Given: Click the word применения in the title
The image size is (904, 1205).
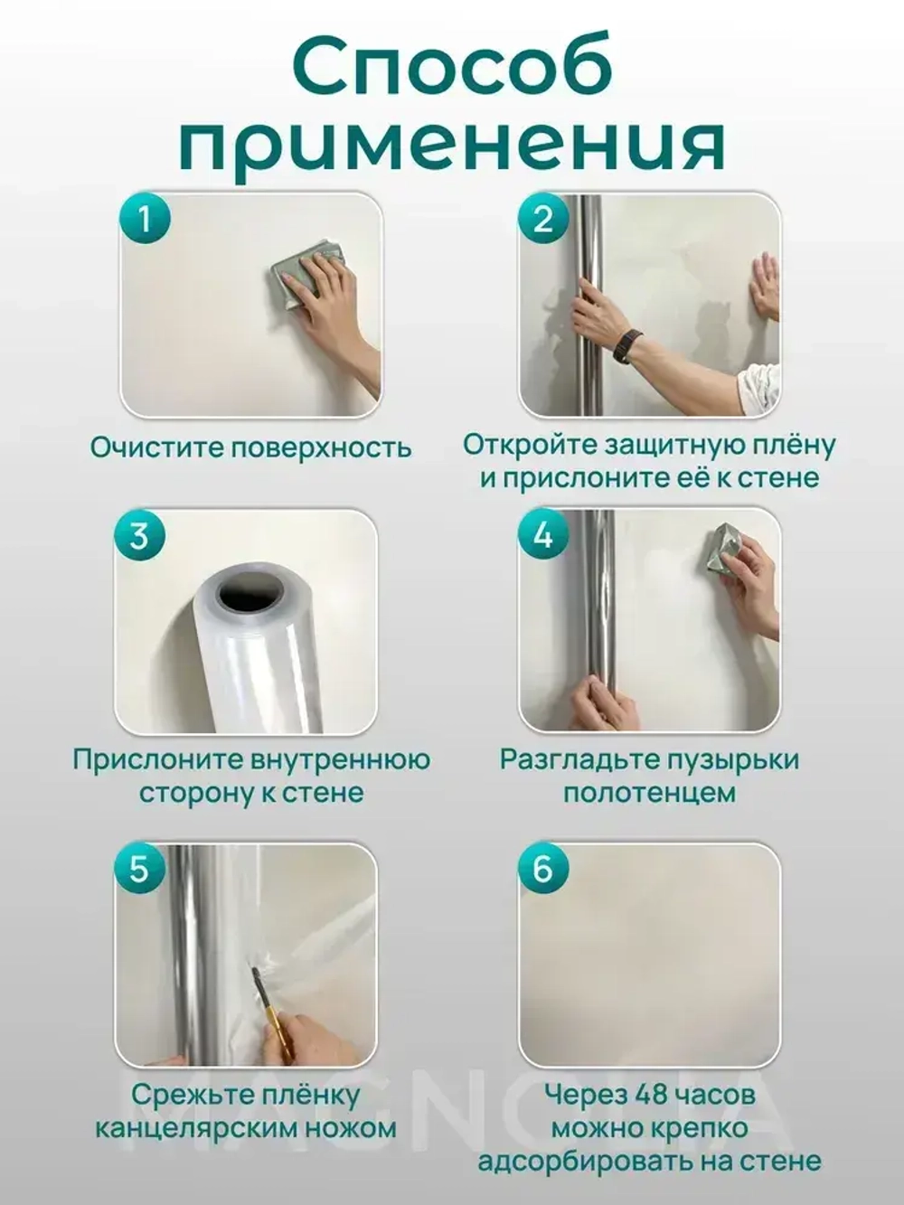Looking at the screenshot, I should [453, 145].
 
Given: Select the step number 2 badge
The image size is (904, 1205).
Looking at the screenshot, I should [542, 219].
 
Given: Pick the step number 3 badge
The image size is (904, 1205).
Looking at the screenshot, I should [138, 535].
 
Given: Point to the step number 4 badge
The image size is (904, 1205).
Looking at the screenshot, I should [542, 535].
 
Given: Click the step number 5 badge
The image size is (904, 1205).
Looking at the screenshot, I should [138, 869].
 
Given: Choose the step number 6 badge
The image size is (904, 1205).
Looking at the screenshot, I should [542, 869].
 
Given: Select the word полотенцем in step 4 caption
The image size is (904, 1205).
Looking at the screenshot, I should [649, 793].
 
